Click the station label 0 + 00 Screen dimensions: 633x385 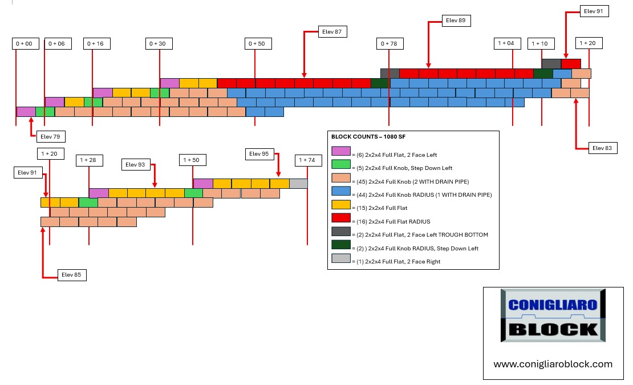(26, 43)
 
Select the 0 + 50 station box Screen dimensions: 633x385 (258, 43)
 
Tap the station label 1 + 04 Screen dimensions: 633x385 (507, 43)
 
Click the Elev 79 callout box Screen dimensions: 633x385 (50, 136)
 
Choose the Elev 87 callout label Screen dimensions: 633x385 (332, 31)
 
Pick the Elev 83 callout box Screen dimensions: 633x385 (602, 148)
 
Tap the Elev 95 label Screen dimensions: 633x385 (259, 154)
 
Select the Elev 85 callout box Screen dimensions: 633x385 (71, 275)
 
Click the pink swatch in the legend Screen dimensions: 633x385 (340, 151)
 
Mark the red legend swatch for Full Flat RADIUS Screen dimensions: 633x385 (340, 218)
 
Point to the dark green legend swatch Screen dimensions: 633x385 (340, 245)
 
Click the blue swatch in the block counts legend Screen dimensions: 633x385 (340, 191)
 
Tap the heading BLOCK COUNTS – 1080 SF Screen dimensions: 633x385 (368, 137)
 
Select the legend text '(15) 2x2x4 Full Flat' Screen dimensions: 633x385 (382, 208)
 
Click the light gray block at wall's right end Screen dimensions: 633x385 (298, 184)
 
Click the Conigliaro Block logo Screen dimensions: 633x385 (553, 315)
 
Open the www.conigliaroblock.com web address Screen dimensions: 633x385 (553, 364)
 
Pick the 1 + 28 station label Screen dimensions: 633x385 (89, 160)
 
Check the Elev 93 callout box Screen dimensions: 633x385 (136, 165)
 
